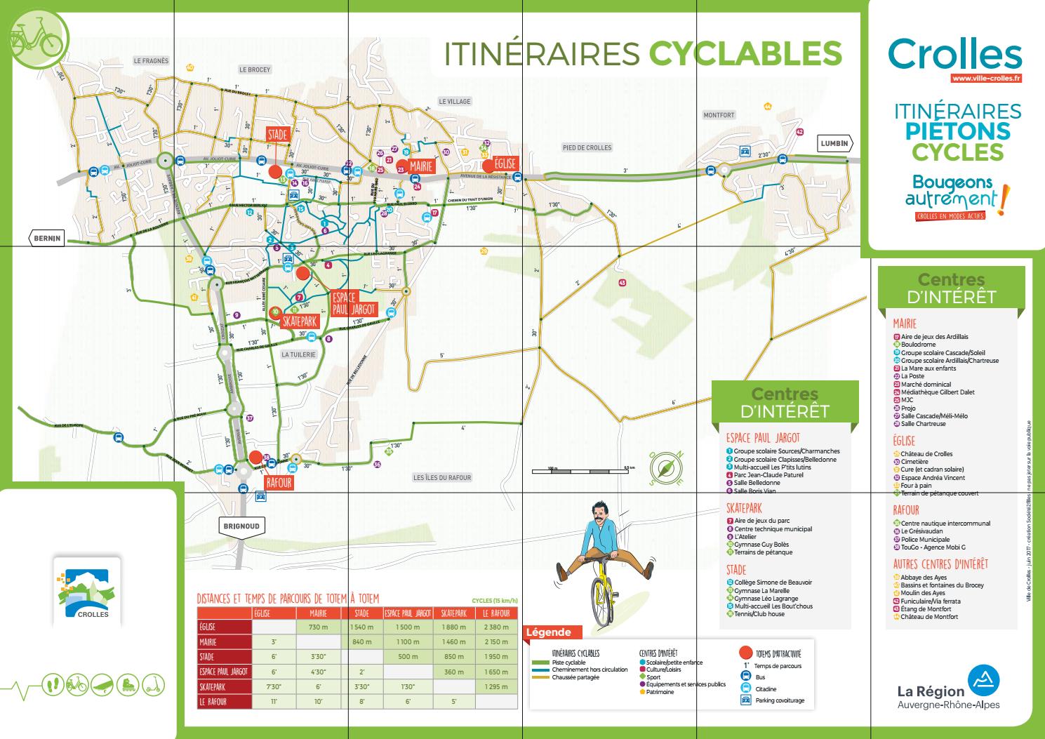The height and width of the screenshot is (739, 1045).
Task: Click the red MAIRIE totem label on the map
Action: (x=420, y=166)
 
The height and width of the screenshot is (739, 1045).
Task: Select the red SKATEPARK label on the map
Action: (x=300, y=321)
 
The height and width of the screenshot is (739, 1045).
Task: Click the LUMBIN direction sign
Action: (x=834, y=144)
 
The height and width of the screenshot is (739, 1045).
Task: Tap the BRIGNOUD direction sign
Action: (x=239, y=526)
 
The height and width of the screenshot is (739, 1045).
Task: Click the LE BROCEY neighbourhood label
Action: (x=254, y=69)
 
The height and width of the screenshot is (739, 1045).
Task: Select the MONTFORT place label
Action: (x=719, y=115)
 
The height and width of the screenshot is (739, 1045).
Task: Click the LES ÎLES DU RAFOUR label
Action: (x=442, y=478)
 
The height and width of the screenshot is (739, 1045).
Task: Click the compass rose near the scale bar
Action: (x=666, y=468)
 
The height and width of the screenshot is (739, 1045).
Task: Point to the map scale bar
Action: (x=583, y=469)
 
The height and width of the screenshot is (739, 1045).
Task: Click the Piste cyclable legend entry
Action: (x=568, y=662)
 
